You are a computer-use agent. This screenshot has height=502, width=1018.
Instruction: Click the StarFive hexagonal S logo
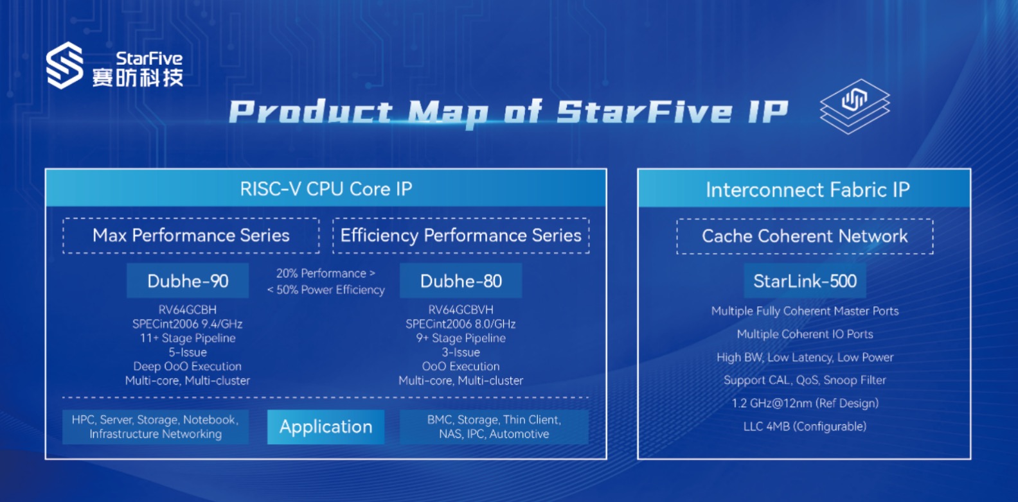[x=65, y=65]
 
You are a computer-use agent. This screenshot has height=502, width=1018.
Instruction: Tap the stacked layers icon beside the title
[x=855, y=107]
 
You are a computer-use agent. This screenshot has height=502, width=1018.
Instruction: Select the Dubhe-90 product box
[x=188, y=281]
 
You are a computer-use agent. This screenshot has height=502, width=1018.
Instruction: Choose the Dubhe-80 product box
[x=461, y=281]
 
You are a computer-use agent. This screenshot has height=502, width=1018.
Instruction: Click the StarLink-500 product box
[x=805, y=281]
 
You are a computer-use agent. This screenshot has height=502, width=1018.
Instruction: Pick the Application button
[x=326, y=427]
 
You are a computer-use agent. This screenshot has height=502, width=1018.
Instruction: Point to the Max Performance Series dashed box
[x=191, y=236]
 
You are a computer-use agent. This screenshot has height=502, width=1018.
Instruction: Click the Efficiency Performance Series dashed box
[x=461, y=236]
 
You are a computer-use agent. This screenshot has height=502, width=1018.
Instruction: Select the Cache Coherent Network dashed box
[x=805, y=236]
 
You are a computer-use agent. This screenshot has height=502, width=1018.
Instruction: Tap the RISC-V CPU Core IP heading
[x=326, y=189]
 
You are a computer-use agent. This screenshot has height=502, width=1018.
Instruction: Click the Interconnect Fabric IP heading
[x=808, y=190]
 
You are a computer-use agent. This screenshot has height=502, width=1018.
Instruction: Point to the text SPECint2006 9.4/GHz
[x=187, y=324]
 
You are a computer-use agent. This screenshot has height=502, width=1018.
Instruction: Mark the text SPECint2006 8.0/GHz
[x=460, y=324]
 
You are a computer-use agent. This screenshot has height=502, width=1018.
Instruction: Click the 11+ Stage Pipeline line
[x=187, y=338]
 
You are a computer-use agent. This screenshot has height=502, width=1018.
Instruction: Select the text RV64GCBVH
[x=460, y=309]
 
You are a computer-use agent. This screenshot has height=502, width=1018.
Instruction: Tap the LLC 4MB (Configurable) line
[x=805, y=427]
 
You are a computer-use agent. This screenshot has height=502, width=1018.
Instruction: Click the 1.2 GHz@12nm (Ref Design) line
[x=805, y=403]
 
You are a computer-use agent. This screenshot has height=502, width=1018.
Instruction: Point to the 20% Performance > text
[x=325, y=273]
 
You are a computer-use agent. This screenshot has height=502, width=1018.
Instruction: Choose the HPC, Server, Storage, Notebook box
[x=156, y=427]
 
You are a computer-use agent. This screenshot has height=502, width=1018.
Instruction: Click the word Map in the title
[x=448, y=112]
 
